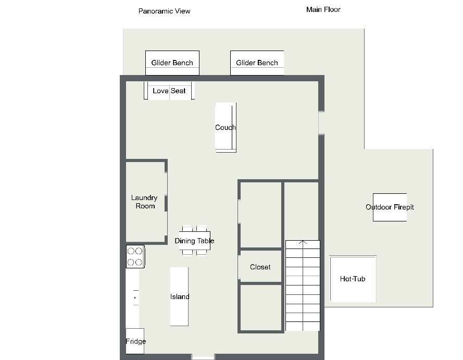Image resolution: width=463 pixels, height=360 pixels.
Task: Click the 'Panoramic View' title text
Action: pos(164,11)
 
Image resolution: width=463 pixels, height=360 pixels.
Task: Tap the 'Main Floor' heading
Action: pos(323,9)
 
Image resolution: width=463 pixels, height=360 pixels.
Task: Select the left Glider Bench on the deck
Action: pos(172,63)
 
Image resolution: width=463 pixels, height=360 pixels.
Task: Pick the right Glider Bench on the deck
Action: pos(257,63)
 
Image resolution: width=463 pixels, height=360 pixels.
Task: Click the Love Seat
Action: pos(169,91)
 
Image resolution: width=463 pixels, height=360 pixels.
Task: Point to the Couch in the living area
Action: pos(226,128)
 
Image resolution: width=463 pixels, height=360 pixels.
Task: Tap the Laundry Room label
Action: pos(144,202)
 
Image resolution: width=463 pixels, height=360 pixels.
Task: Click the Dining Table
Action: pos(195,240)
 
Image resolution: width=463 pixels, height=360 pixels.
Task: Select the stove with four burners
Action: pos(135,256)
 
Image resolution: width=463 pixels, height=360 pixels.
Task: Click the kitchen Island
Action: pos(179,296)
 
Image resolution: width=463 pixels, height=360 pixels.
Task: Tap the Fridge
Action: pos(135,341)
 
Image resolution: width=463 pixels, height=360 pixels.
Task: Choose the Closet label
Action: pos(260,267)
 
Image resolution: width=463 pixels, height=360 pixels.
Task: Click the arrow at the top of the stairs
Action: pos(303,242)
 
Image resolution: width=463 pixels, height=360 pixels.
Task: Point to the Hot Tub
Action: pos(353,279)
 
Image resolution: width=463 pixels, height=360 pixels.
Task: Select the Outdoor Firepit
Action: pos(390,207)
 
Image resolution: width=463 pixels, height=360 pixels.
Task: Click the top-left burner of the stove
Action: pos(131,251)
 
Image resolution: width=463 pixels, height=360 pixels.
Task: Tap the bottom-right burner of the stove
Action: pos(139,262)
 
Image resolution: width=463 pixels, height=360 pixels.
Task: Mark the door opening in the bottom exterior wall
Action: pos(203,357)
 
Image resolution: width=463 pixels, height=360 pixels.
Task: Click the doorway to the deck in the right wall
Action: pos(321,123)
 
